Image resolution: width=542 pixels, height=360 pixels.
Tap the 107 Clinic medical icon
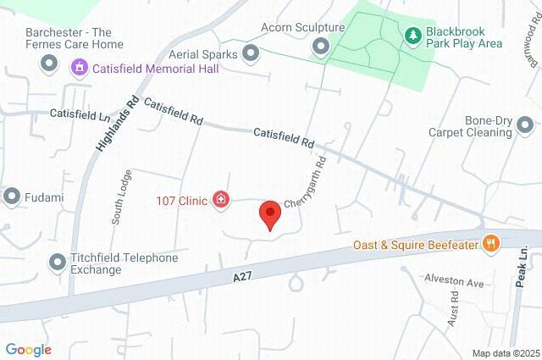click(222, 200)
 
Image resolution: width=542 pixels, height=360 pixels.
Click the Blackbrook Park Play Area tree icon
click(412, 36)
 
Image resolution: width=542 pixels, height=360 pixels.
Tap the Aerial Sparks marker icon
click(251, 53)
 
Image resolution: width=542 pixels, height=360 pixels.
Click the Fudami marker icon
click(12, 197)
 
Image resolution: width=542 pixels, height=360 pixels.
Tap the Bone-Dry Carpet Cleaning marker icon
click(525, 126)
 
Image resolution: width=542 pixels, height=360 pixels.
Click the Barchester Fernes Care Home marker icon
click(48, 64)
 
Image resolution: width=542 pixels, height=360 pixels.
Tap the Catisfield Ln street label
click(80, 113)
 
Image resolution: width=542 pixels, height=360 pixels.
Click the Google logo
click(28, 350)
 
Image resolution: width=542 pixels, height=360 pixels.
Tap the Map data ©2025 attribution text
click(505, 352)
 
